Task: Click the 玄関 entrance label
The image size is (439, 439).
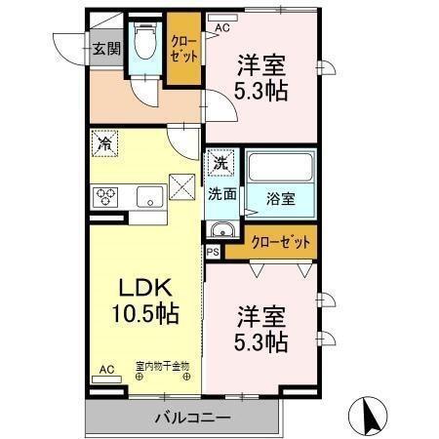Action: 106,48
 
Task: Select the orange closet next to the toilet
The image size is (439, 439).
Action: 182,49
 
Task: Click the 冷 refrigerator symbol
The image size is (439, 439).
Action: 104,143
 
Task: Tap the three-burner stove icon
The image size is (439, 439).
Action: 104,197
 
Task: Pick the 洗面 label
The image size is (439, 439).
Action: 221,193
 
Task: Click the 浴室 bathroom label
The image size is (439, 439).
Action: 283,198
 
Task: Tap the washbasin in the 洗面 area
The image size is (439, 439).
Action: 221,231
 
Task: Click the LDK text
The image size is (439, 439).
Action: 145,289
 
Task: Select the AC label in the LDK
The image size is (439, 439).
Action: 106,369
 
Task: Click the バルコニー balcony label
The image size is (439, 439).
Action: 191,418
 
